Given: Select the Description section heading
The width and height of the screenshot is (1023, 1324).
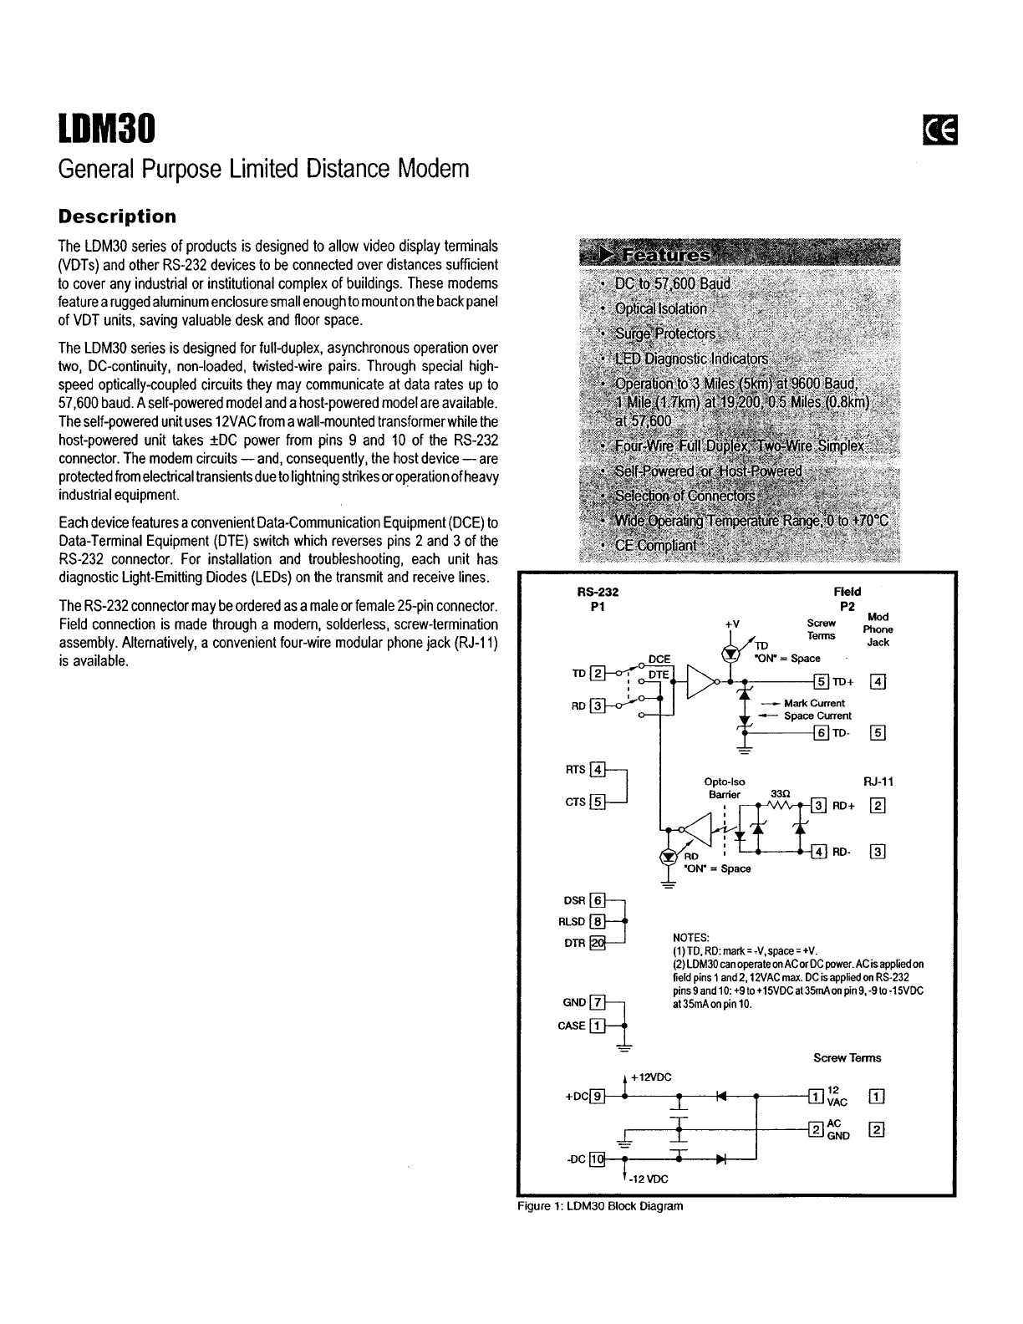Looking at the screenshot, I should click(x=117, y=216).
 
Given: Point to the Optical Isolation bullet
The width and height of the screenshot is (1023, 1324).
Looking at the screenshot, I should click(x=660, y=308).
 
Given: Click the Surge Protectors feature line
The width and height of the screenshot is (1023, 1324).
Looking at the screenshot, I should click(x=664, y=334).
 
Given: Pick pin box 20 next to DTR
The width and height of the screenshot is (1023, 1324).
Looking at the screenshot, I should click(x=597, y=944).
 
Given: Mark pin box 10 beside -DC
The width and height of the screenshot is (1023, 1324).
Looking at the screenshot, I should click(x=596, y=1158).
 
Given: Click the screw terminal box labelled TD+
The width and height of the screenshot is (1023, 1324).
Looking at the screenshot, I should click(x=821, y=680).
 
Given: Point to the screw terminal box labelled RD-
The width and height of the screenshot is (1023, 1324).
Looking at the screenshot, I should click(x=819, y=852).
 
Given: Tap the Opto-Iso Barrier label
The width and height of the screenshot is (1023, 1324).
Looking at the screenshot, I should click(x=725, y=787).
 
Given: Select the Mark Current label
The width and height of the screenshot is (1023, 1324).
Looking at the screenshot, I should click(x=813, y=703).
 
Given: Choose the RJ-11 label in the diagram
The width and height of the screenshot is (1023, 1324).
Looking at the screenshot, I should click(x=878, y=782).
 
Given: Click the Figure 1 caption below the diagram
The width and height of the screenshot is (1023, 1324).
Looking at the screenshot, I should click(x=600, y=1206).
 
